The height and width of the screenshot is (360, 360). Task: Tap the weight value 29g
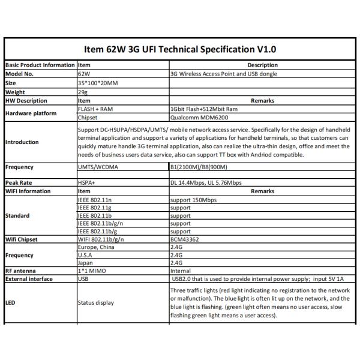click(83, 92)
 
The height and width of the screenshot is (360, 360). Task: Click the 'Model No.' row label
click(20, 74)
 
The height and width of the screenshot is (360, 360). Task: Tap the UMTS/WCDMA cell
click(99, 168)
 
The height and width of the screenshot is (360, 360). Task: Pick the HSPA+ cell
click(87, 182)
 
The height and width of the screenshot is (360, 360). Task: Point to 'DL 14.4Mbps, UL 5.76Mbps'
click(206, 182)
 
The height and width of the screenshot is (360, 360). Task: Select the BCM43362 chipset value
click(185, 239)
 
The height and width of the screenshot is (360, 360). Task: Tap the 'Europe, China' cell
click(97, 247)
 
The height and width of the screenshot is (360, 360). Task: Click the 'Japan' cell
click(86, 262)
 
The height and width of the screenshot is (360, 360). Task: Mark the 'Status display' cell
click(96, 302)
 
